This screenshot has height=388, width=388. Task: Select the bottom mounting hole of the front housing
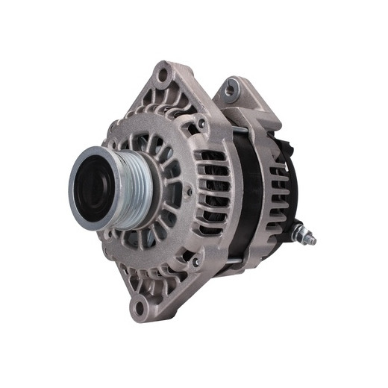click(x=138, y=306)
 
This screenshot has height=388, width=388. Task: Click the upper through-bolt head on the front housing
click(x=201, y=124)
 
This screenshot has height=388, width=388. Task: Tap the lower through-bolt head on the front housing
click(x=195, y=262)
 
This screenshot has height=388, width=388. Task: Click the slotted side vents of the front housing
click(x=212, y=187)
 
